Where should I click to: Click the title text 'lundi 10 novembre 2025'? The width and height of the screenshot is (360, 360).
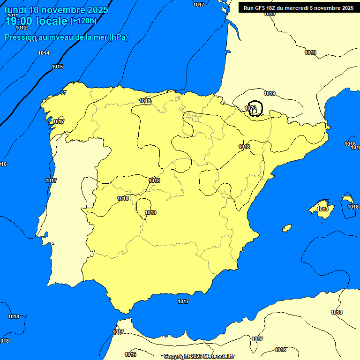pyautogui.click(x=56, y=10)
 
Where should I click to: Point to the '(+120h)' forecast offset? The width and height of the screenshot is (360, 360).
pyautogui.click(x=83, y=21)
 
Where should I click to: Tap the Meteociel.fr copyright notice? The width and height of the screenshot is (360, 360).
pyautogui.click(x=199, y=356)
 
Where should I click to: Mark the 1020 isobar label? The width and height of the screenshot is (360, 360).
pyautogui.click(x=250, y=108)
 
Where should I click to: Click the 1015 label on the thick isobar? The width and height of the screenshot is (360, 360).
pyautogui.click(x=57, y=67)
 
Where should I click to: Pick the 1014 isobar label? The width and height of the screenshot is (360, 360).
pyautogui.click(x=44, y=53)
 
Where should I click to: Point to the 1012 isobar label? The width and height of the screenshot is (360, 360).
pyautogui.click(x=21, y=28)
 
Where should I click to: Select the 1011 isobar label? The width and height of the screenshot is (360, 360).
pyautogui.click(x=13, y=15)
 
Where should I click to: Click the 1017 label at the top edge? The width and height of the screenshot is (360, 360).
pyautogui.click(x=199, y=5)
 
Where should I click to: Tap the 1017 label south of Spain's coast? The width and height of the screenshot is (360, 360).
pyautogui.click(x=183, y=301)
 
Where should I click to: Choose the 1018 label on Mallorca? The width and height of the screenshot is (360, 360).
pyautogui.click(x=322, y=209)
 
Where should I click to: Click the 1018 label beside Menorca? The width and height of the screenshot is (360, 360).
pyautogui.click(x=353, y=207)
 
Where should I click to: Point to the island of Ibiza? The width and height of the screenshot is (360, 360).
pyautogui.click(x=287, y=228)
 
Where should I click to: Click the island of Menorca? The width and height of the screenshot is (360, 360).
pyautogui.click(x=347, y=199)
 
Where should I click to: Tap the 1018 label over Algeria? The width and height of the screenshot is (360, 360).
pyautogui.click(x=337, y=312)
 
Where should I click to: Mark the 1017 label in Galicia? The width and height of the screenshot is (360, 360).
pyautogui.click(x=59, y=121)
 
